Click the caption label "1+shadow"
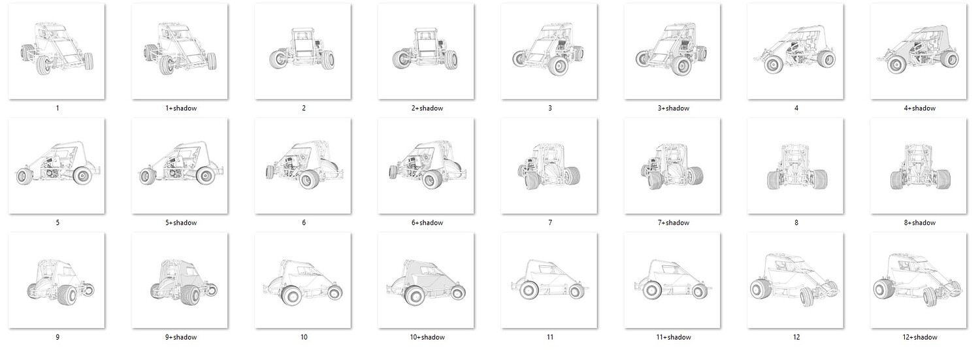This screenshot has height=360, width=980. [181, 108]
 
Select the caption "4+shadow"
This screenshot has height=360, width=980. [920, 108]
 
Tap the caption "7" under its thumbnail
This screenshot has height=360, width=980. [550, 223]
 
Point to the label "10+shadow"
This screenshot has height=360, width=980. [427, 337]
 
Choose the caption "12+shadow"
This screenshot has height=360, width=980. [920, 337]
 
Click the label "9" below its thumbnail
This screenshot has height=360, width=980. [57, 337]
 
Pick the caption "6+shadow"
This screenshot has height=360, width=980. [427, 223]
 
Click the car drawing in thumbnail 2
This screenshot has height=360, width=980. [302, 49]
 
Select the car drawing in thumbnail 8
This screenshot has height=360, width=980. [796, 167]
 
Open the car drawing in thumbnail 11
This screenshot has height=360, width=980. [549, 279]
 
